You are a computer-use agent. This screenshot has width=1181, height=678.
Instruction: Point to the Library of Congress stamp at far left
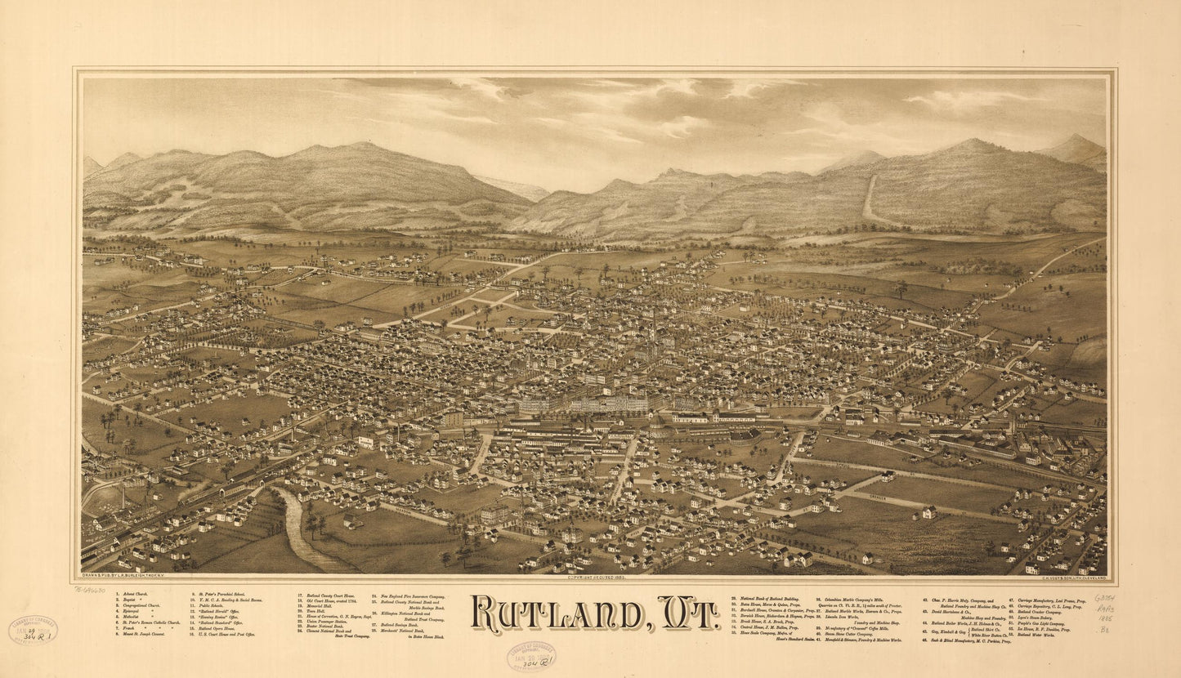(x=33, y=630)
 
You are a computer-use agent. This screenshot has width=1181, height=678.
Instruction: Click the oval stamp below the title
(x=530, y=656)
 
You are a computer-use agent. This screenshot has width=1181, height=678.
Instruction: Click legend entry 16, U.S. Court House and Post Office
(x=226, y=634)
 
